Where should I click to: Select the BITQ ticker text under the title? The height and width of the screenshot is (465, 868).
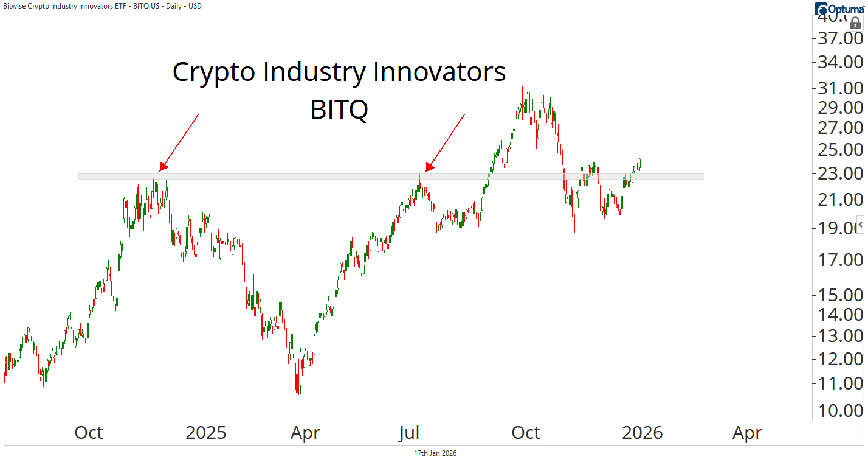point(339,110)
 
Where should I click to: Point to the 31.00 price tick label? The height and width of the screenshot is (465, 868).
point(841,88)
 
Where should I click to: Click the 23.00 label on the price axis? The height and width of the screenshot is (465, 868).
point(841,173)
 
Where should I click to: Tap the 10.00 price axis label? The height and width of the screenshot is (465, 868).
point(841,410)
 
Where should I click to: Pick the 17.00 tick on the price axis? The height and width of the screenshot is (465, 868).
point(841,260)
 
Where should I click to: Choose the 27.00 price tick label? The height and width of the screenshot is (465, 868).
point(841,128)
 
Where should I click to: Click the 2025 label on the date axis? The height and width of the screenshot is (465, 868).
point(205,433)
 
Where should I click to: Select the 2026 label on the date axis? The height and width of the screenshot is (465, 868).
point(642,433)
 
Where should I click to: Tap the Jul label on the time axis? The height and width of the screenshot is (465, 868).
point(409,433)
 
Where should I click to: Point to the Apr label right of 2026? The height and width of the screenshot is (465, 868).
point(747,433)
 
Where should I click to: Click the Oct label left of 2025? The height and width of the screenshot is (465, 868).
point(89,433)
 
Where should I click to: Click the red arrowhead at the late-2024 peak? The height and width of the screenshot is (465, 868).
point(163,167)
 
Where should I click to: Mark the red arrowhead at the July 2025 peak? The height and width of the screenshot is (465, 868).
point(429,167)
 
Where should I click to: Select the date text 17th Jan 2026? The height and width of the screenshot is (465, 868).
point(435,453)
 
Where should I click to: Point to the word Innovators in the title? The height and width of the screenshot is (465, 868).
point(439,72)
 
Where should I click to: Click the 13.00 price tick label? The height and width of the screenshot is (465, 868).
point(841,335)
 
